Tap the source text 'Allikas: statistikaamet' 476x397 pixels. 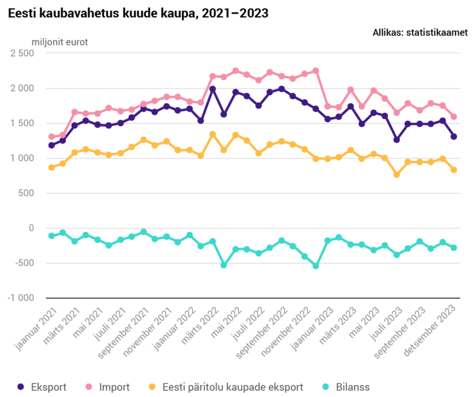420,32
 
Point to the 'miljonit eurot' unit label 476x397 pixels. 59,42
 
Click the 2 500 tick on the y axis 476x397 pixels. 22,53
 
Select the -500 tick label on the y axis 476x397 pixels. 25,263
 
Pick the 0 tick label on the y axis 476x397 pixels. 31,228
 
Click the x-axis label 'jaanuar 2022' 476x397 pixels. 174,329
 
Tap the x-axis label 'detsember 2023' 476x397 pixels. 430,331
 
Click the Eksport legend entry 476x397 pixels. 42,387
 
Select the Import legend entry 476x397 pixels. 107,387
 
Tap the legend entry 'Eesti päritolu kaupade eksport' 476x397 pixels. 226,387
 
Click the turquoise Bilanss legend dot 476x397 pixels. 326,386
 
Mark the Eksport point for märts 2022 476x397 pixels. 213,89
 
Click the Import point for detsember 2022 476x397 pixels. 315,71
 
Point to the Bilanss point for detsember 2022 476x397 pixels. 315,265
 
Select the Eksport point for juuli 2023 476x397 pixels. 397,140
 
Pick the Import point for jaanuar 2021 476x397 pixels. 51,136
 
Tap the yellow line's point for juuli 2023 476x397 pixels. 397,175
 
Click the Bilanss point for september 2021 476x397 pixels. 144,232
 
